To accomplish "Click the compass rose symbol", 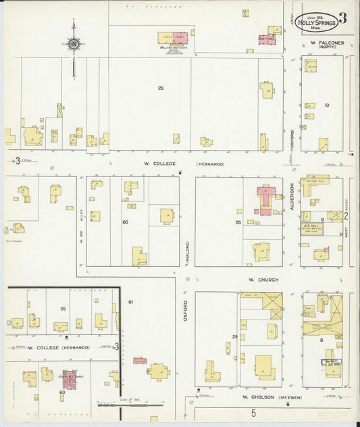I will click(74, 45).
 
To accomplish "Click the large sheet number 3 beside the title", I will click(342, 18).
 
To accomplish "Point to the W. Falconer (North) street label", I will click(328, 45).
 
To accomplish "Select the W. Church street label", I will click(259, 279).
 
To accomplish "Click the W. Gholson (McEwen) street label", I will click(265, 397).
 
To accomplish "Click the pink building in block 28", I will click(263, 200).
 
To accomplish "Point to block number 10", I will click(327, 105).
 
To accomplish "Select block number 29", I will click(235, 336).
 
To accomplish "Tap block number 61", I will click(131, 301).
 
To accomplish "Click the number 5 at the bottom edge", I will click(254, 411).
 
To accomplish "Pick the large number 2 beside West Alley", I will click(346, 216).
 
